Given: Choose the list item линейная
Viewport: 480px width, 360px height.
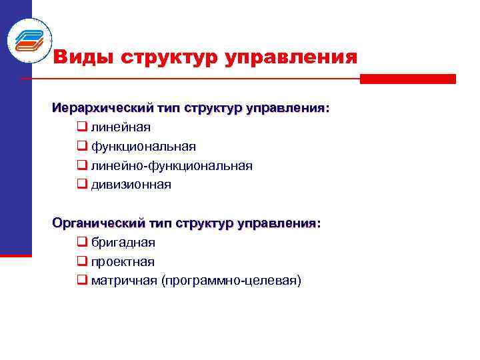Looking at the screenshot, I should tap(121, 127).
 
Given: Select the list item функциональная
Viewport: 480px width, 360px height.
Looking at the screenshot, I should tap(143, 146).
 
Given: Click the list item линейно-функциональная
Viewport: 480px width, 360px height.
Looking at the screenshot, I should tap(172, 165).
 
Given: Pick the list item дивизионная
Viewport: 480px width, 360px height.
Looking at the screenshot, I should tap(131, 185).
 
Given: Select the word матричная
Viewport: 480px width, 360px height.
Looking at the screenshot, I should tap(124, 281).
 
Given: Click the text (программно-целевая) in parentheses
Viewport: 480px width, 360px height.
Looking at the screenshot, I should tap(231, 281).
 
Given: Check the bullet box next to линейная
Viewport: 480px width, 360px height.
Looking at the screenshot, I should tap(82, 127).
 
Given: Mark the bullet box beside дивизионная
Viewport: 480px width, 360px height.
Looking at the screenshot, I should tap(82, 185).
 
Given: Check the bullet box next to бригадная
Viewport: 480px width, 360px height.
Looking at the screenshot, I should tap(82, 242).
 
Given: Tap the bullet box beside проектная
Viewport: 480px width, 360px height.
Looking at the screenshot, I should tap(82, 261).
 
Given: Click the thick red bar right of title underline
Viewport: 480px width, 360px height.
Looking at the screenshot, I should tap(407, 79).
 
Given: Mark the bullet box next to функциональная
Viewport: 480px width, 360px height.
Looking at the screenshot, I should tap(82, 146).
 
